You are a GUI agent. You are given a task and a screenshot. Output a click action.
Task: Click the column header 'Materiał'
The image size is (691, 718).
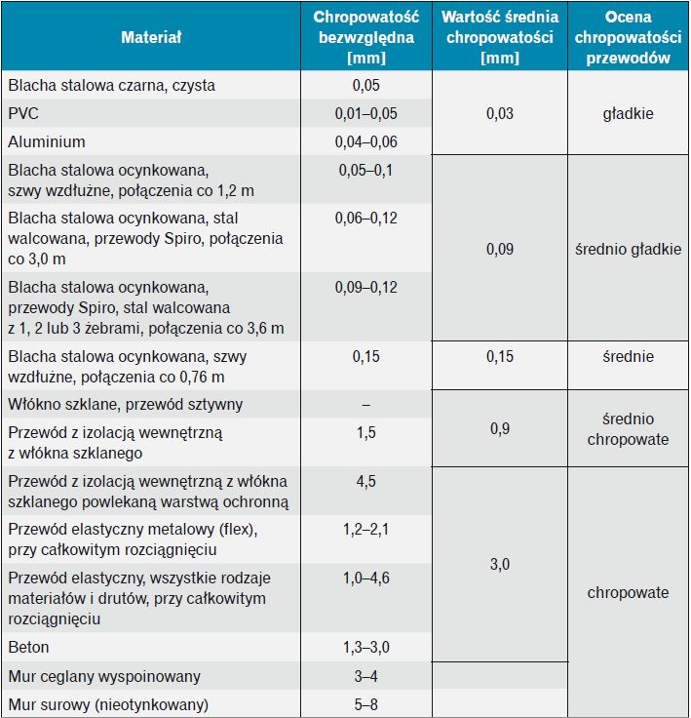click(x=151, y=37)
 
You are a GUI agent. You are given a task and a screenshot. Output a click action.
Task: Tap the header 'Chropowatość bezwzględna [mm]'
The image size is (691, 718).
click(x=366, y=37)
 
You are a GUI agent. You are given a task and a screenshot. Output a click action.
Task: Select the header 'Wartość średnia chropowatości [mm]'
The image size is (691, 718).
click(x=500, y=37)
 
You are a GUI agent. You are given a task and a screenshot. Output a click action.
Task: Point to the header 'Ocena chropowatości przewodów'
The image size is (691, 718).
click(x=628, y=37)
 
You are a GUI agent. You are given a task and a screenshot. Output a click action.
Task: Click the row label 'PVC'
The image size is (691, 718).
click(x=23, y=113)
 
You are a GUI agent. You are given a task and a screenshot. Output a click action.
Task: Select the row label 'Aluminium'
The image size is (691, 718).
click(x=47, y=142)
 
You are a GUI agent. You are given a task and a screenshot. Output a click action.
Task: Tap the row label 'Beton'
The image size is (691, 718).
click(x=28, y=647)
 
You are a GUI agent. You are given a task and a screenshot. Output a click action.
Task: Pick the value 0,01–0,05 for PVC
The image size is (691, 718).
click(x=366, y=113)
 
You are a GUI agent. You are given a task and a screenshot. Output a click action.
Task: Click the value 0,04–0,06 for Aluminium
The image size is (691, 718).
click(x=366, y=142)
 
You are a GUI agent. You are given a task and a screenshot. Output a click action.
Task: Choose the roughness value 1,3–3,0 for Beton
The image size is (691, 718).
click(x=366, y=647)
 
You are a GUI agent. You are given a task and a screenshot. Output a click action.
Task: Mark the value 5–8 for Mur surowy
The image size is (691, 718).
click(x=366, y=704)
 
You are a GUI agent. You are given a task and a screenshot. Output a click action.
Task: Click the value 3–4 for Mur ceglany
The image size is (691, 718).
click(x=366, y=676)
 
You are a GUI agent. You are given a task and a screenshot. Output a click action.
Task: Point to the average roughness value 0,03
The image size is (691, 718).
click(x=500, y=113)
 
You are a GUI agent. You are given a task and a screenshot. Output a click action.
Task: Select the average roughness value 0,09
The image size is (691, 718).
click(x=500, y=249)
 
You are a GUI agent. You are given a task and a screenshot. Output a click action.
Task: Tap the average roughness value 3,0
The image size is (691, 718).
click(x=500, y=564)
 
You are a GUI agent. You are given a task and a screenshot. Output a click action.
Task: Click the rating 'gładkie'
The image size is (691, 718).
click(x=628, y=113)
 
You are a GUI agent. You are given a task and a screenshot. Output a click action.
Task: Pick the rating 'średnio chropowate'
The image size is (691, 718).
click(x=628, y=429)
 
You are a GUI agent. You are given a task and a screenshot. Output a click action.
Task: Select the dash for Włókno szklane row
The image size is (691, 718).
click(x=366, y=405)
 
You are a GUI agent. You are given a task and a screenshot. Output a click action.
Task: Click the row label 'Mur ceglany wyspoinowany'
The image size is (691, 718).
click(x=104, y=676)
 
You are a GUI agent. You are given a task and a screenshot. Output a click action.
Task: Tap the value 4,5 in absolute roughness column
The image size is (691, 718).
click(x=366, y=481)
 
